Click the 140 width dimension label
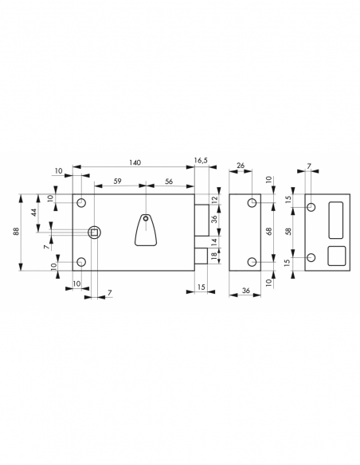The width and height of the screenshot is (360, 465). click(135, 162)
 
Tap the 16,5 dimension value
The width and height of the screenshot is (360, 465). click(201, 160)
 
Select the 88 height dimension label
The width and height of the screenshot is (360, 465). click(16, 231)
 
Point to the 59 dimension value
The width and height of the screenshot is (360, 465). click(118, 181)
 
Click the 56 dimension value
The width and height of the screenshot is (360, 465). click(169, 181)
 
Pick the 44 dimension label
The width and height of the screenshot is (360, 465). click(33, 213)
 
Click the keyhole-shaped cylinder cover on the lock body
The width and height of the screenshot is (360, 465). click(146, 230)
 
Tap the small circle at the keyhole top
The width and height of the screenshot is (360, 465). click(145, 219)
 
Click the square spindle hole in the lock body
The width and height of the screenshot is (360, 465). click(94, 232)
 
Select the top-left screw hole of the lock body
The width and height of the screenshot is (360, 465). click(81, 203)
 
